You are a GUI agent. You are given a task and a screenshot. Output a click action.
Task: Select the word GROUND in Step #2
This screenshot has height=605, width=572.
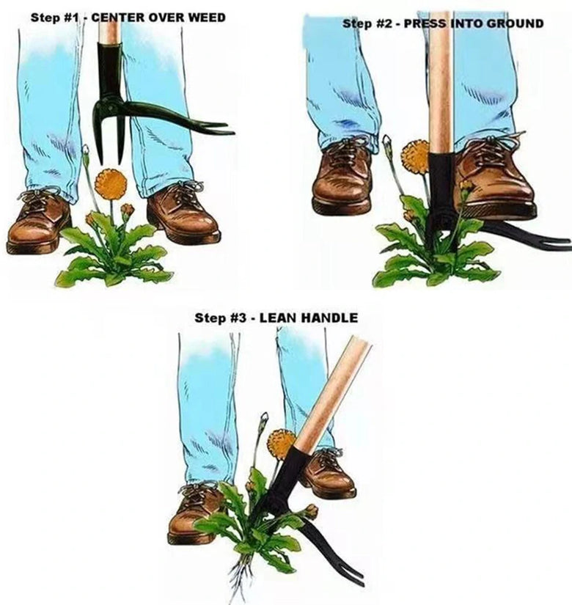click(515, 23)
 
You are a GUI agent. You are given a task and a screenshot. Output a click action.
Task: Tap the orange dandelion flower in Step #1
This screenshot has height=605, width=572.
click(111, 183)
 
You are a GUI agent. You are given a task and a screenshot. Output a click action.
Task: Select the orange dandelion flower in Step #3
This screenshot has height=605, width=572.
click(281, 444)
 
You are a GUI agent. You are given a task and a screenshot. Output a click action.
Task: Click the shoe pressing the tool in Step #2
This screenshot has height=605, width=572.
click(495, 180)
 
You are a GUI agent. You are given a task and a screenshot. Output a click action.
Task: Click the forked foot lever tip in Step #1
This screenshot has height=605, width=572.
click(216, 128)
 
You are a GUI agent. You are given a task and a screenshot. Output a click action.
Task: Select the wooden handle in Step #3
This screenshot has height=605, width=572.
click(333, 394)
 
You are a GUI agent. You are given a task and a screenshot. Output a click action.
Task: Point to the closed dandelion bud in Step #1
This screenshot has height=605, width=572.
click(86, 150)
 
